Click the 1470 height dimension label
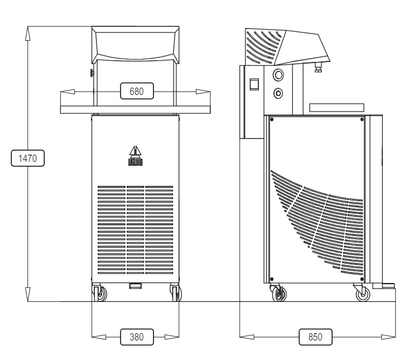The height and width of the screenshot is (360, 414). [27, 159]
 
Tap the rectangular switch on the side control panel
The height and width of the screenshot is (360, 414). [255, 84]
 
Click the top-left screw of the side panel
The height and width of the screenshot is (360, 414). [270, 119]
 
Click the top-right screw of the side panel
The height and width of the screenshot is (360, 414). [363, 119]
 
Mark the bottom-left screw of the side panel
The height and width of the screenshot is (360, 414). [270, 279]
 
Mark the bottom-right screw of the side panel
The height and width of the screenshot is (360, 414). [363, 279]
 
